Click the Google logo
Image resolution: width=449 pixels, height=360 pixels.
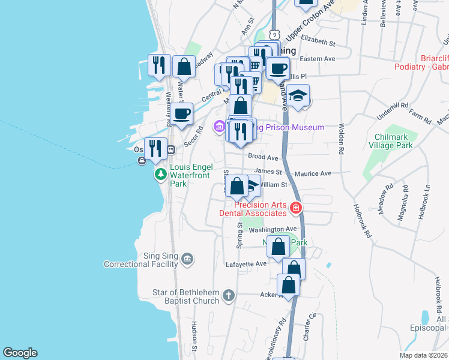click(x=20, y=353)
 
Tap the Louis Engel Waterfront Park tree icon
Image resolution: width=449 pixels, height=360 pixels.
click(x=160, y=174)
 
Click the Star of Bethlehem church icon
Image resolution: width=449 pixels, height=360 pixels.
click(x=228, y=295)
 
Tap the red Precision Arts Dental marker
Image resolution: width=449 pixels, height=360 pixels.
click(x=295, y=208)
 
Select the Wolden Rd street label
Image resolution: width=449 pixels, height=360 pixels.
click(x=342, y=137)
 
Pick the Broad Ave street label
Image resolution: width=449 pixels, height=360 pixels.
click(x=263, y=157)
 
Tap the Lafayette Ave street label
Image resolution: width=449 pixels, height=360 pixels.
click(x=245, y=263)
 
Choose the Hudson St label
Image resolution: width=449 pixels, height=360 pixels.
click(x=194, y=336)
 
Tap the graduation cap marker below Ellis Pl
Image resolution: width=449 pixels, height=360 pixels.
click(x=298, y=95)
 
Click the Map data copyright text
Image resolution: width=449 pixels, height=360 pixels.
click(x=423, y=355)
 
